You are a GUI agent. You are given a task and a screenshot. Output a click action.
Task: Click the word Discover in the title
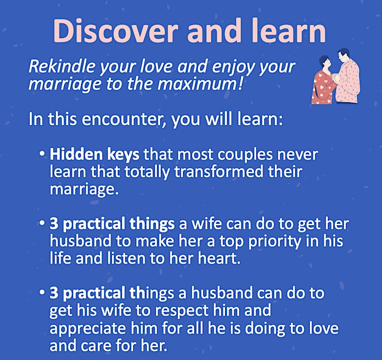pos(115,31)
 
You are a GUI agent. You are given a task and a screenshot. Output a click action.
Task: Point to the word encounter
pos(124,119)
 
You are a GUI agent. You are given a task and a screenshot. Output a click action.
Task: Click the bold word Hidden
pos(76,155)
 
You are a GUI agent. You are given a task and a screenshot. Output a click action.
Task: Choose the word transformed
pos(219,172)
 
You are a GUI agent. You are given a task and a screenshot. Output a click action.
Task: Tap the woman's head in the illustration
pos(325,63)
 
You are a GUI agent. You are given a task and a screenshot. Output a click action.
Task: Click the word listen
pos(127,258)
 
